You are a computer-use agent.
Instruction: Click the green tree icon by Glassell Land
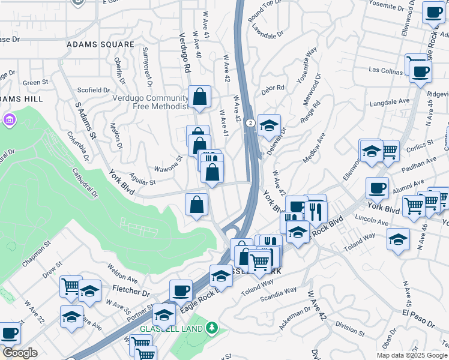click(x=211, y=328)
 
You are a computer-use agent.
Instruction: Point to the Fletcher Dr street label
click(x=131, y=292)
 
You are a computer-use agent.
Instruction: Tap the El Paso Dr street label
click(x=414, y=319)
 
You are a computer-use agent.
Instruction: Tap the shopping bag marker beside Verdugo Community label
click(x=199, y=97)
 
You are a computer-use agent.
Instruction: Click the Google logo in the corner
click(x=19, y=353)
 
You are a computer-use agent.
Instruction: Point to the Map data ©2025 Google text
click(x=412, y=355)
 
